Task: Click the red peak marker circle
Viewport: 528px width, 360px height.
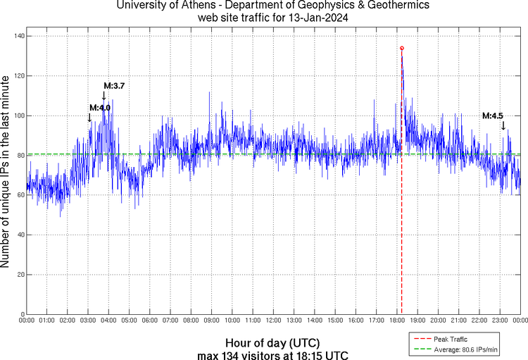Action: coord(402,48)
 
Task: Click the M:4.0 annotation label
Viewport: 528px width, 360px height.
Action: coord(100,107)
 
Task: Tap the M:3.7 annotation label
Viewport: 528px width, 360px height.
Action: coord(114,86)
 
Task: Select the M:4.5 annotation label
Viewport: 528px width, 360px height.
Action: coord(493,116)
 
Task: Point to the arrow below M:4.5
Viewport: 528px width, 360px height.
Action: coord(503,125)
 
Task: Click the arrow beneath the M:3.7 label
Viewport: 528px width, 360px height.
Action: coord(104,96)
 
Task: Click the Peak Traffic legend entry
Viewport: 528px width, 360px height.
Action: coord(451,339)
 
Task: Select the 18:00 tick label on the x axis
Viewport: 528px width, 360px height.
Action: coord(397,321)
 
